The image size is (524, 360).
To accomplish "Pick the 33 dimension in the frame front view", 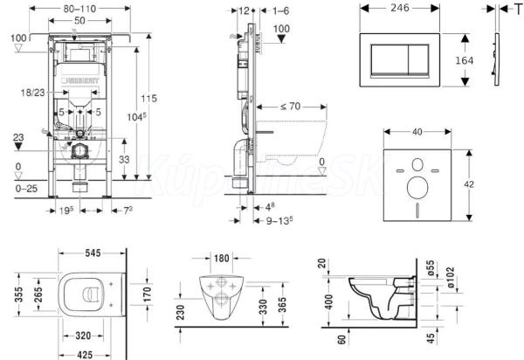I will point(123,158).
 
